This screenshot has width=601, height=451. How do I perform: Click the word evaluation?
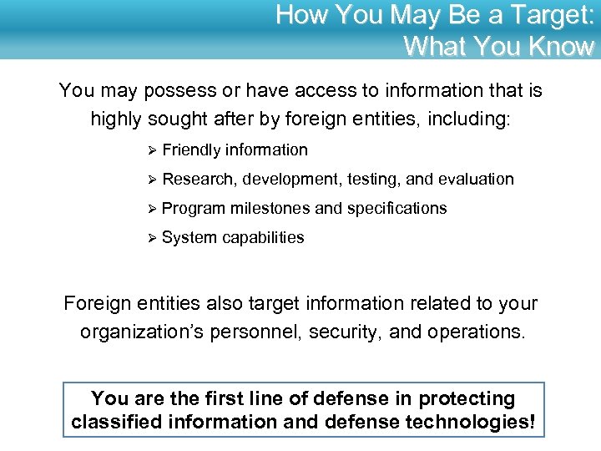474,179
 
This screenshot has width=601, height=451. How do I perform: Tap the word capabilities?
263,237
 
